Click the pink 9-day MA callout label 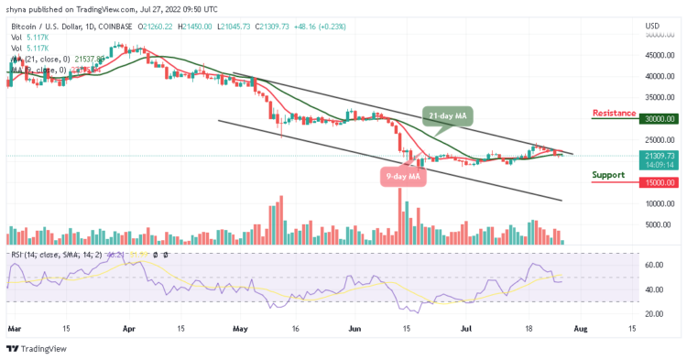pyautogui.click(x=400, y=176)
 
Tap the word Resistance pyautogui.click(x=615, y=113)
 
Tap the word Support pyautogui.click(x=608, y=173)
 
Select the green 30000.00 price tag pyautogui.click(x=659, y=118)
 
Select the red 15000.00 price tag pyautogui.click(x=659, y=182)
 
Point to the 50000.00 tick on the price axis pyautogui.click(x=659, y=35)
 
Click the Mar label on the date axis pyautogui.click(x=13, y=326)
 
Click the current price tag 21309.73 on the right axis pyautogui.click(x=659, y=156)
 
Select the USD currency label pyautogui.click(x=653, y=25)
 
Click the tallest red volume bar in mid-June pyautogui.click(x=399, y=217)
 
